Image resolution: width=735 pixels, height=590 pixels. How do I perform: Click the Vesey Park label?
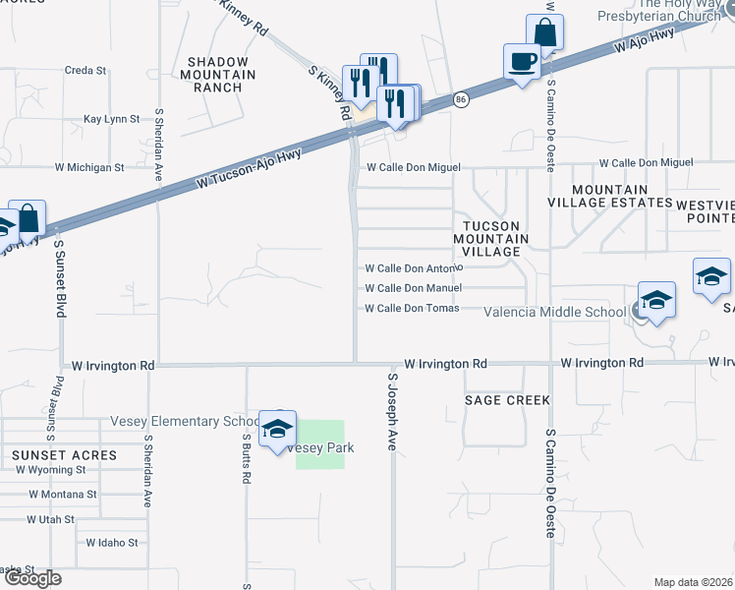click(321, 447)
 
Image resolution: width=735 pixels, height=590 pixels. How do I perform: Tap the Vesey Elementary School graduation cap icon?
click(277, 429)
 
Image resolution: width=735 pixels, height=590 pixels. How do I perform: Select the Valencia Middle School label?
click(555, 313)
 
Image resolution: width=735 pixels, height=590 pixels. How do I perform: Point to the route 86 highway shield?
click(461, 99)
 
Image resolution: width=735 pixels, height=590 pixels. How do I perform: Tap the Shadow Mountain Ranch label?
click(221, 74)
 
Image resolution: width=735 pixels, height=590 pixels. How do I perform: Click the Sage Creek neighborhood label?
click(507, 400)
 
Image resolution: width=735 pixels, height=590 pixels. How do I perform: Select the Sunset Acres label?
click(65, 455)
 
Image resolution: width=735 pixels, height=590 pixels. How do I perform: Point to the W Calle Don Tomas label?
click(412, 309)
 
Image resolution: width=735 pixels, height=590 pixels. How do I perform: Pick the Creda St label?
click(85, 71)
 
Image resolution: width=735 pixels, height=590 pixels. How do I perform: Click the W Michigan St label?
click(89, 167)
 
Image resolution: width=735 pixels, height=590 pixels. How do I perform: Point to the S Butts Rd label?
click(246, 461)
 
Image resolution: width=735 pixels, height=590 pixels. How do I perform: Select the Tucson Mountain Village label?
click(491, 239)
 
